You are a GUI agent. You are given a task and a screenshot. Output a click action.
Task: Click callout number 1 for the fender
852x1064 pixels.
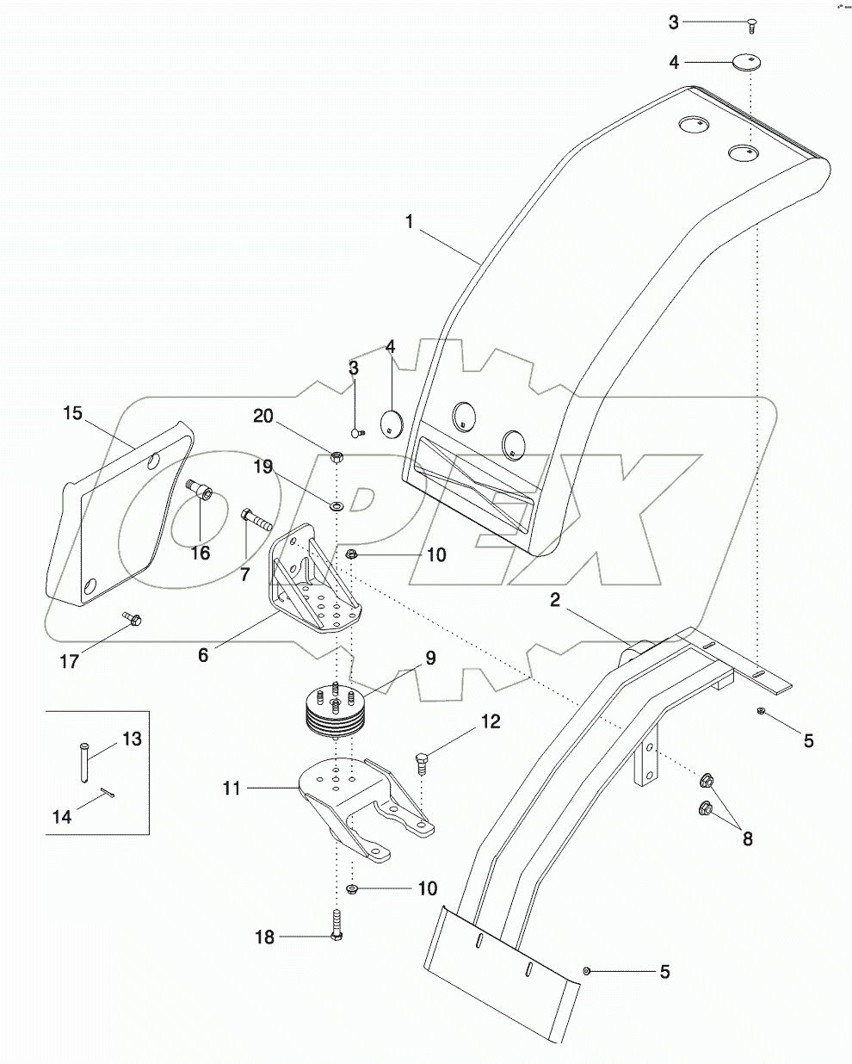(410, 221)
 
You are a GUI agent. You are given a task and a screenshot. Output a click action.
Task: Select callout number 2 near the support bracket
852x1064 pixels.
(556, 600)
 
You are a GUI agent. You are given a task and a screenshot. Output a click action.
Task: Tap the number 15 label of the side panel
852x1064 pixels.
(72, 413)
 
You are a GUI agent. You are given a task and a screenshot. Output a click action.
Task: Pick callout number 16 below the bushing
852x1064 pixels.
(200, 553)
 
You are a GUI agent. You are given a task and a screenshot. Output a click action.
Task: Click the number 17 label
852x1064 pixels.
(69, 661)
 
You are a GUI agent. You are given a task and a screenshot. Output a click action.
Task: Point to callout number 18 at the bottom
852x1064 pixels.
(264, 937)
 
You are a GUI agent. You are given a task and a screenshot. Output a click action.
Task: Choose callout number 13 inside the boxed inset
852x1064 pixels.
(132, 739)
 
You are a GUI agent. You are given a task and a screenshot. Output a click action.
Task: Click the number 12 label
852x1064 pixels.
(491, 721)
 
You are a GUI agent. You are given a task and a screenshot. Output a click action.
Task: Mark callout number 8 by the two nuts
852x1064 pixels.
(747, 838)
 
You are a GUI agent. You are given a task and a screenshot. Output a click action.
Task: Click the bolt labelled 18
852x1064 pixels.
(335, 926)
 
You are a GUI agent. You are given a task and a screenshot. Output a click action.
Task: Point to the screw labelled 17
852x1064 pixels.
(133, 618)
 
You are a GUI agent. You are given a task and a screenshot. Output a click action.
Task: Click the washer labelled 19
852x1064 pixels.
(336, 501)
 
